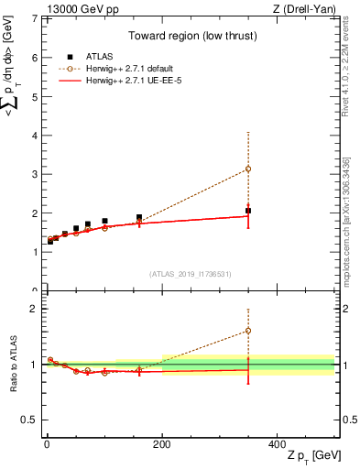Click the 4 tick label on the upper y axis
click(x=33, y=135)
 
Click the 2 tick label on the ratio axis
click(x=33, y=309)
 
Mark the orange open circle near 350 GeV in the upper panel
click(x=248, y=169)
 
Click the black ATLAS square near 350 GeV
click(x=248, y=211)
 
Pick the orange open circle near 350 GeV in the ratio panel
click(x=248, y=331)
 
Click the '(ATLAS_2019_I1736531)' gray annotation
click(x=190, y=274)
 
